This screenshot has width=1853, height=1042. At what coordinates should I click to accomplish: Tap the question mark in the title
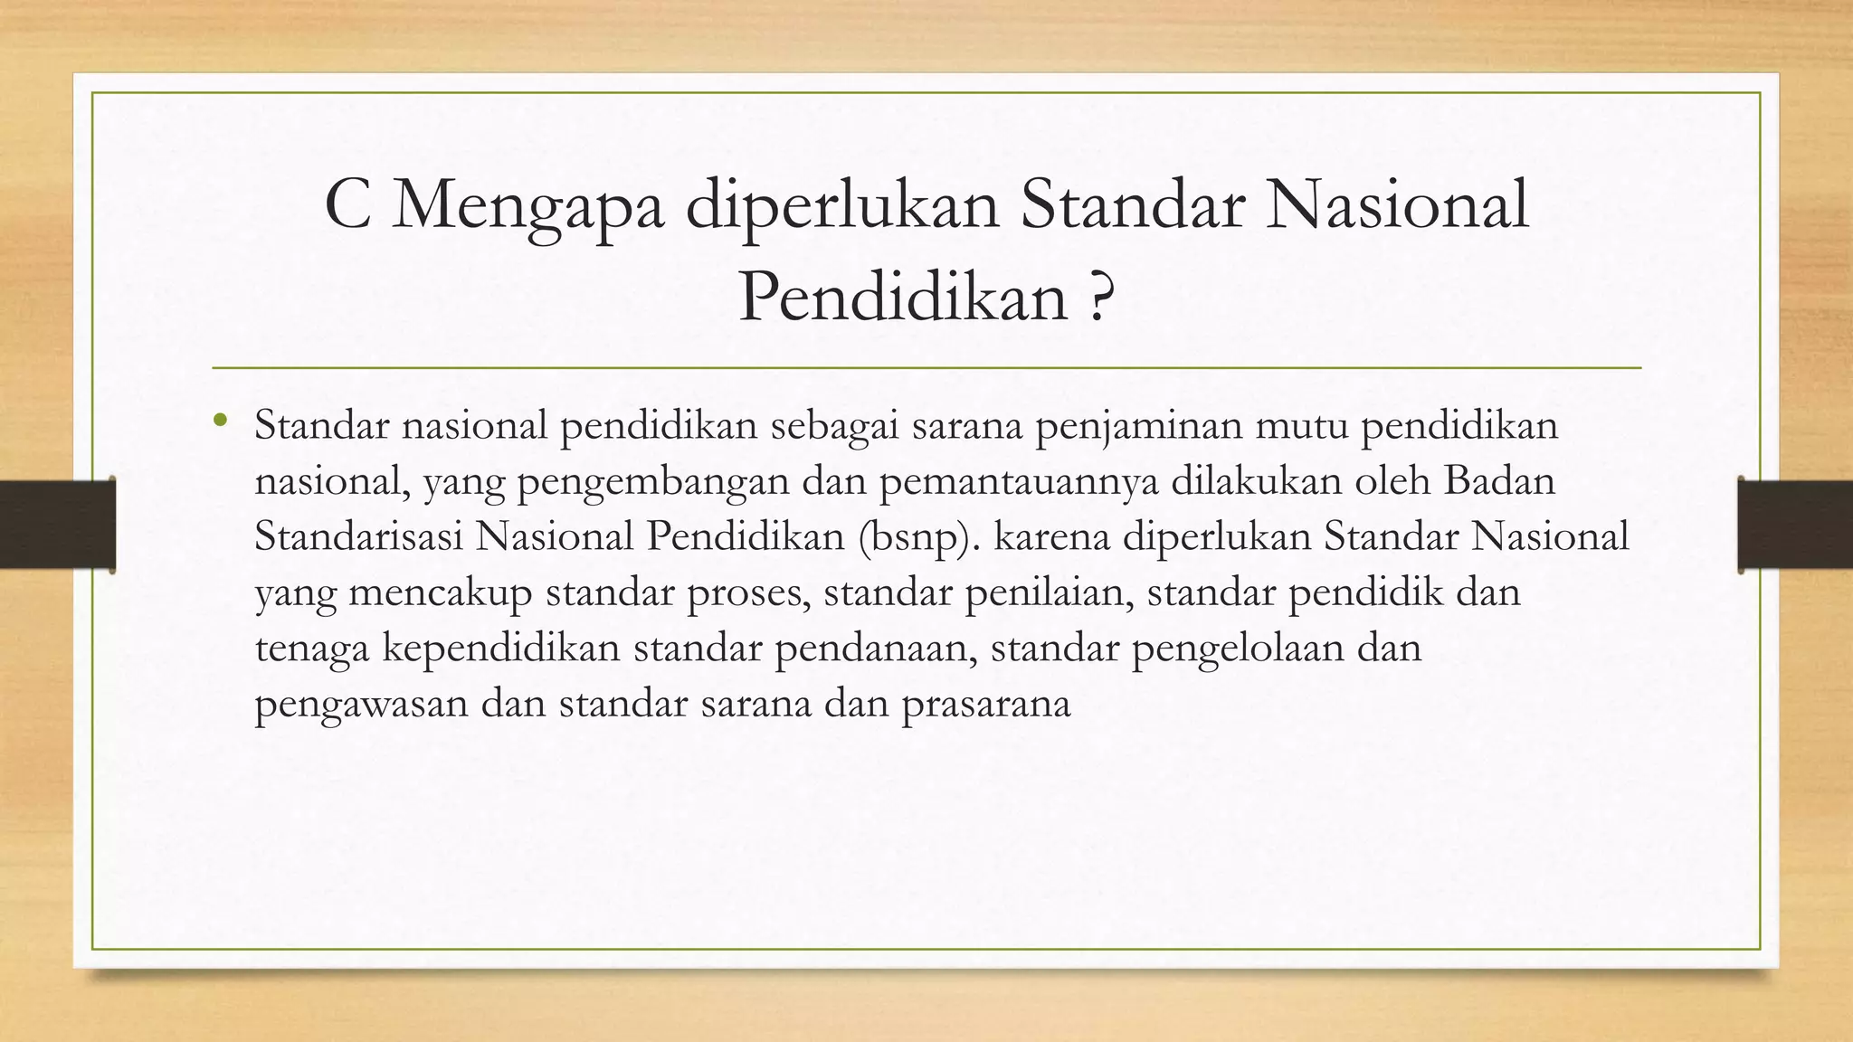point(1098,298)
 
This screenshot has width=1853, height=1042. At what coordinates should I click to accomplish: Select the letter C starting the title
point(347,205)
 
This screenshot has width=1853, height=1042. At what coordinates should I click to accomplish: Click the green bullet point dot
point(220,420)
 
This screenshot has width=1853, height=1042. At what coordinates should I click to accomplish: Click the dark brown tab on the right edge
point(1795,525)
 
